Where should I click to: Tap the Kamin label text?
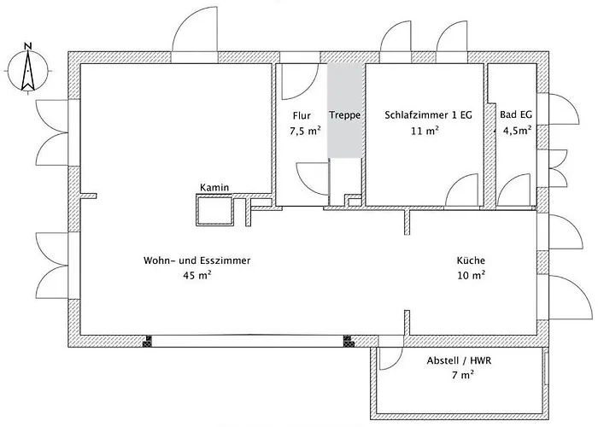[214, 188]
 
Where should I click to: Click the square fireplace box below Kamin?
[214, 210]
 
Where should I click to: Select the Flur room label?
[302, 115]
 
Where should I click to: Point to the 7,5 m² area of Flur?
[305, 132]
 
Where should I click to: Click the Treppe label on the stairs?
[345, 114]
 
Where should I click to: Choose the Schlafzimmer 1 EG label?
[428, 115]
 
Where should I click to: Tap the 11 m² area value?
[425, 131]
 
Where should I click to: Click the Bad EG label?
[516, 114]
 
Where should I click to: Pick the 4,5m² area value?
[518, 131]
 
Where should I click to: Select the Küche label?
[471, 260]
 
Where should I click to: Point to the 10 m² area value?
[472, 275]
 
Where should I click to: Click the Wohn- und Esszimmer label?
[196, 260]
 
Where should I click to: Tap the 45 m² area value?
[197, 275]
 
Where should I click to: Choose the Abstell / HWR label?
[460, 360]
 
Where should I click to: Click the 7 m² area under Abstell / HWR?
[463, 375]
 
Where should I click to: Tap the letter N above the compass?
[28, 46]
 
